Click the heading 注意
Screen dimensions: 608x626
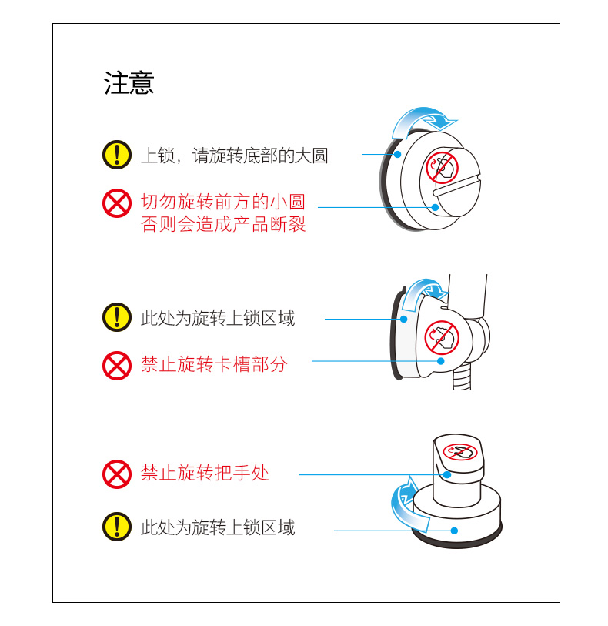[x=129, y=83]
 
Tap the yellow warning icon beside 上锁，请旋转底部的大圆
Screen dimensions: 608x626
[x=117, y=155]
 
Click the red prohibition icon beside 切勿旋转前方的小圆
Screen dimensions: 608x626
[x=117, y=203]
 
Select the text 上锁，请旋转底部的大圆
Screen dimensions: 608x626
[x=234, y=156]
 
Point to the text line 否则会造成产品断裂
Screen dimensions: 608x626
[x=223, y=225]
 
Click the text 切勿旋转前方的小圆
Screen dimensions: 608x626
[x=223, y=203]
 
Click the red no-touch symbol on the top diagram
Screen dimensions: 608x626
[x=442, y=167]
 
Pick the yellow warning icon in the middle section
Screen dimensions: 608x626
[x=117, y=317]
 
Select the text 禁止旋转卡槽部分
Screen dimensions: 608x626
[x=214, y=364]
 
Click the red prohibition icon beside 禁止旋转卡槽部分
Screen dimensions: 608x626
[x=117, y=365]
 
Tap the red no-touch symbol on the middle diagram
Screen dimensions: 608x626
[x=442, y=336]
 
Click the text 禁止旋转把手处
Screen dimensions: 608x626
[x=205, y=473]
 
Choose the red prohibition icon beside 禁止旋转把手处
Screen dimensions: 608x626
[x=117, y=474]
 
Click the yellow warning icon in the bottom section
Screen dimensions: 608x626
[x=117, y=527]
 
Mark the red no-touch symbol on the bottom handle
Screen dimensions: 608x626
[x=460, y=453]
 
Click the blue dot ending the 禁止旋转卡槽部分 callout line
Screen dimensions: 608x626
[x=441, y=360]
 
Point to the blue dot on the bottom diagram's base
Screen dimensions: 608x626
[x=454, y=531]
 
